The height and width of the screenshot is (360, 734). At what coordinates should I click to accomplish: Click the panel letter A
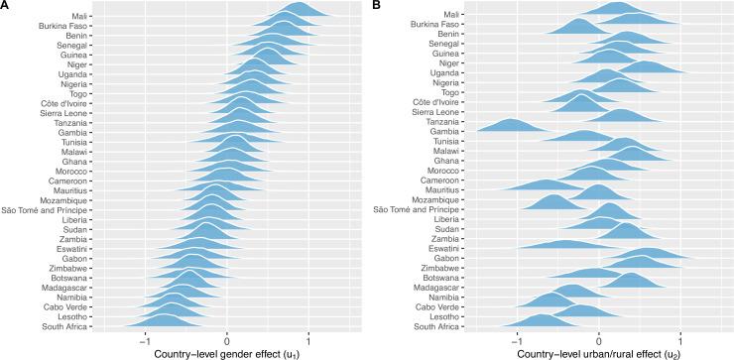coord(5,6)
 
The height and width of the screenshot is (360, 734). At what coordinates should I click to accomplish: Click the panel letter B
coord(378,6)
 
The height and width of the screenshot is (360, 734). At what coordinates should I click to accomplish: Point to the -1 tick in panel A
coord(145,335)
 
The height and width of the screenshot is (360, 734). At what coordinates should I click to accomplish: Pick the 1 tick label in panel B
coord(680,335)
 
